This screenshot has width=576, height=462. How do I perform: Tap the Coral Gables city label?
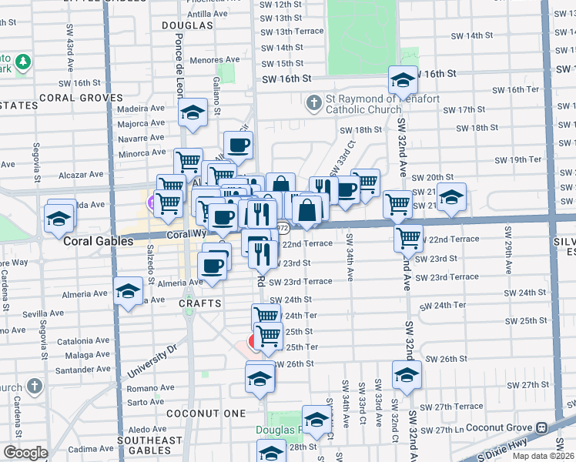click(x=99, y=241)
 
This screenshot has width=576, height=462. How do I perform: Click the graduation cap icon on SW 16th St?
click(x=403, y=79)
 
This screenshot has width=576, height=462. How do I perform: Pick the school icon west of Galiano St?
click(x=193, y=112)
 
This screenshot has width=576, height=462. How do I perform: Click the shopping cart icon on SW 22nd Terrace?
click(x=408, y=237)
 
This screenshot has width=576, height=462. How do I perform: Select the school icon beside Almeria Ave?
click(x=128, y=291)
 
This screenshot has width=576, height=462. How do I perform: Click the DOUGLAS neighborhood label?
click(x=187, y=25)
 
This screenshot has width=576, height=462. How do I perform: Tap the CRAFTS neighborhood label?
click(x=200, y=303)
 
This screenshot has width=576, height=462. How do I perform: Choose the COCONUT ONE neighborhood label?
click(x=214, y=413)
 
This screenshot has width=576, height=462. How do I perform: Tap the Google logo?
click(x=25, y=453)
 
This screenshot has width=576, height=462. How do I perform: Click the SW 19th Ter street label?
click(x=519, y=159)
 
